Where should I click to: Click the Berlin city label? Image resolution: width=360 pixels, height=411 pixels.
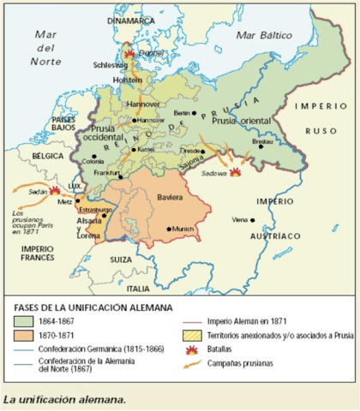(x=181, y=113)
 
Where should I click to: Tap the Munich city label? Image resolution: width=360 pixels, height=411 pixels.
(x=183, y=229)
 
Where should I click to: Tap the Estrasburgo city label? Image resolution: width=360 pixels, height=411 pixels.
(x=94, y=209)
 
